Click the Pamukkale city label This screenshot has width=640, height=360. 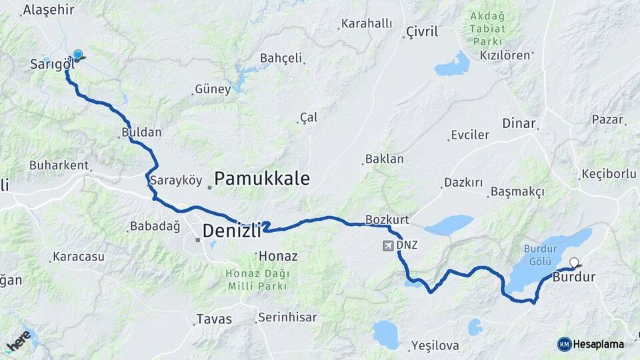tap(262, 179)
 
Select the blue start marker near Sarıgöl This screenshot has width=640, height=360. tap(78, 55)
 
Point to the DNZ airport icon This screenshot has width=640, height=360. tap(388, 245)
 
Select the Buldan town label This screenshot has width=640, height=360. tap(141, 132)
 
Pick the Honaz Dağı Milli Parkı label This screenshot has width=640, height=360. tap(257, 279)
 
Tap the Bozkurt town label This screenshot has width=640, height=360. tap(387, 219)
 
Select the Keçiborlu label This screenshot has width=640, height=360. tap(608, 173)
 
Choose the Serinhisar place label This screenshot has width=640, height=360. tap(287, 317)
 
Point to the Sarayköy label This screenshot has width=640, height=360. tap(175, 180)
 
